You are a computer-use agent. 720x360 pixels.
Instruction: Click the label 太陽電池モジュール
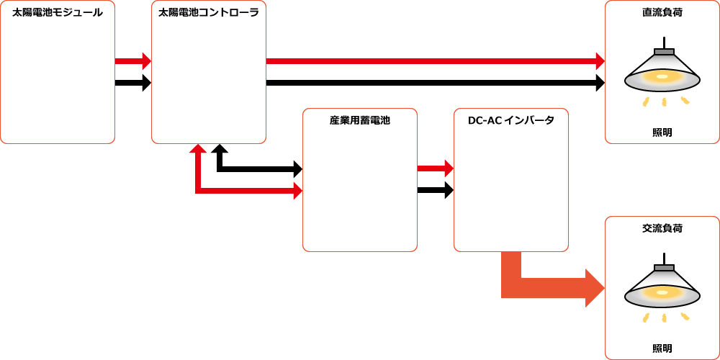coord(58,12)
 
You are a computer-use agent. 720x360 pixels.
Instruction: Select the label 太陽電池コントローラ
coord(209,12)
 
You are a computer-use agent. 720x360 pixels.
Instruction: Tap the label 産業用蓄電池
coord(360,120)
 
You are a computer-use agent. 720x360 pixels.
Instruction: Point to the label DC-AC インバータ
coord(511,120)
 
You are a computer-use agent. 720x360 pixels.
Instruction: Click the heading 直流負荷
coord(662,12)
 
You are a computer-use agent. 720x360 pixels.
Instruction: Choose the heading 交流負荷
coord(662,228)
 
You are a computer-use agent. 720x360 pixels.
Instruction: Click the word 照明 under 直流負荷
coord(662,132)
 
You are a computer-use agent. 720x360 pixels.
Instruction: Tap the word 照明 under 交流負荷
coord(662,348)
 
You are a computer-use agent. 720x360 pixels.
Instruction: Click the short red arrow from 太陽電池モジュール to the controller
coord(132,61)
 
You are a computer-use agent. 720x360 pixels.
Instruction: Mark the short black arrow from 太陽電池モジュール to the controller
coord(132,83)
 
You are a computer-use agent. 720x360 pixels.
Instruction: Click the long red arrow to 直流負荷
coord(432,61)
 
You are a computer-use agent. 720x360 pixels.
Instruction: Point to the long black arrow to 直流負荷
coord(432,83)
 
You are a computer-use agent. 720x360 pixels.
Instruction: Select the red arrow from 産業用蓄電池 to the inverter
coord(435,168)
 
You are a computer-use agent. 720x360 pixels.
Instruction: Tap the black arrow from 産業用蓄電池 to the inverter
coord(435,190)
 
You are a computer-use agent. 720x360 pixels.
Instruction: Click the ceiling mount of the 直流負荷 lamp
coord(664,52)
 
